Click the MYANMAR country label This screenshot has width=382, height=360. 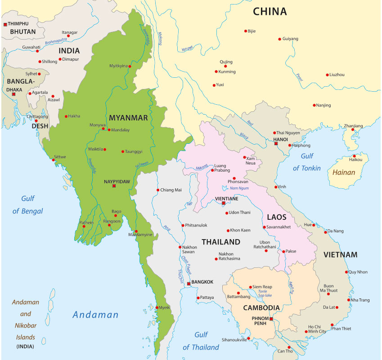point(128,118)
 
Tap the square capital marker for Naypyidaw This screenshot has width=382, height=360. point(114,186)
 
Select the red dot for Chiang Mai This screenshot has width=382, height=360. point(158,190)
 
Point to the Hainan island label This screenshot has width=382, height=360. point(344,172)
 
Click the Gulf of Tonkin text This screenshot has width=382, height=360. point(307,162)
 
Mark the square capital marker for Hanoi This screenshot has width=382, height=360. point(276,144)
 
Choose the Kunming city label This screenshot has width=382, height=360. point(227,71)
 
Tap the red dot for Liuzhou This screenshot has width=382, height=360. point(327,75)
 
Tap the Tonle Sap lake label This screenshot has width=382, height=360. point(259,293)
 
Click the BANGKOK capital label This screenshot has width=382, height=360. point(202,282)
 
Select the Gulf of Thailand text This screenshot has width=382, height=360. point(201,341)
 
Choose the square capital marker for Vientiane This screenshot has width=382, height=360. point(223,204)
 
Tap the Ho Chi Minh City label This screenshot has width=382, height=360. point(317,329)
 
